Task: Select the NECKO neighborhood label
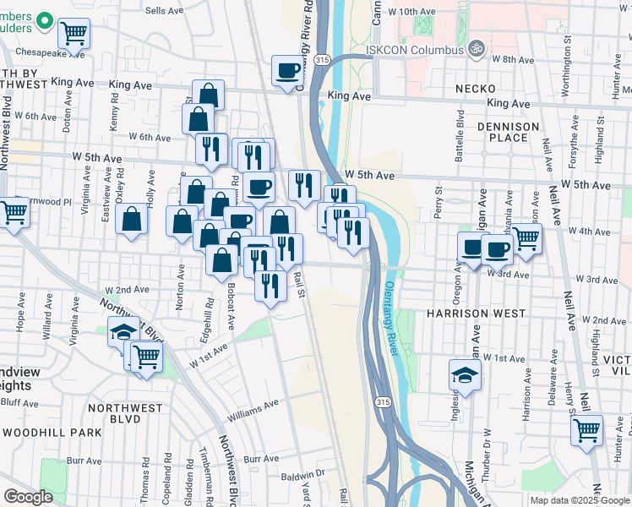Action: pyautogui.click(x=478, y=89)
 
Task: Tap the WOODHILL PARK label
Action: pyautogui.click(x=51, y=432)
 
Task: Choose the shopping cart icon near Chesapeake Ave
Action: pyautogui.click(x=74, y=34)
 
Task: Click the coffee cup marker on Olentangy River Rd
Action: pyautogui.click(x=288, y=69)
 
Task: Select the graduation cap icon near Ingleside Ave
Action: pyautogui.click(x=465, y=374)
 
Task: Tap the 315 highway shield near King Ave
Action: pyautogui.click(x=322, y=61)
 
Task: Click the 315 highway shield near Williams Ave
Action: pyautogui.click(x=384, y=401)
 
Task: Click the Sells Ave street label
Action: pyautogui.click(x=165, y=10)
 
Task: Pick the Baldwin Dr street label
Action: pyautogui.click(x=302, y=474)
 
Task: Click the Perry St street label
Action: pyautogui.click(x=439, y=203)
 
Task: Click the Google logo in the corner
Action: pyautogui.click(x=28, y=496)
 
